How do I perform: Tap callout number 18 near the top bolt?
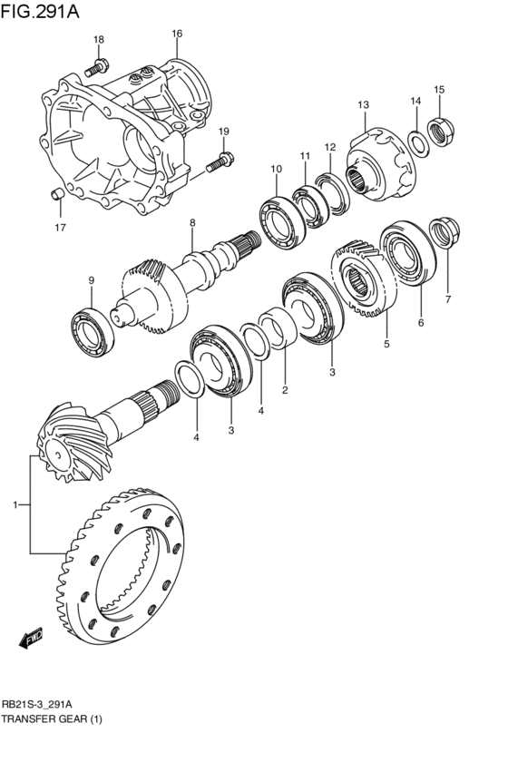click(x=99, y=39)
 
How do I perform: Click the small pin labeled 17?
click(x=55, y=193)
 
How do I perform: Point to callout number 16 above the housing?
click(x=177, y=34)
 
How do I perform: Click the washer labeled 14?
click(x=416, y=142)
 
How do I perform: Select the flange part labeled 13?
click(x=381, y=163)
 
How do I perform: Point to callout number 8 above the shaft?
click(x=192, y=223)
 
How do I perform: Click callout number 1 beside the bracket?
click(x=15, y=503)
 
